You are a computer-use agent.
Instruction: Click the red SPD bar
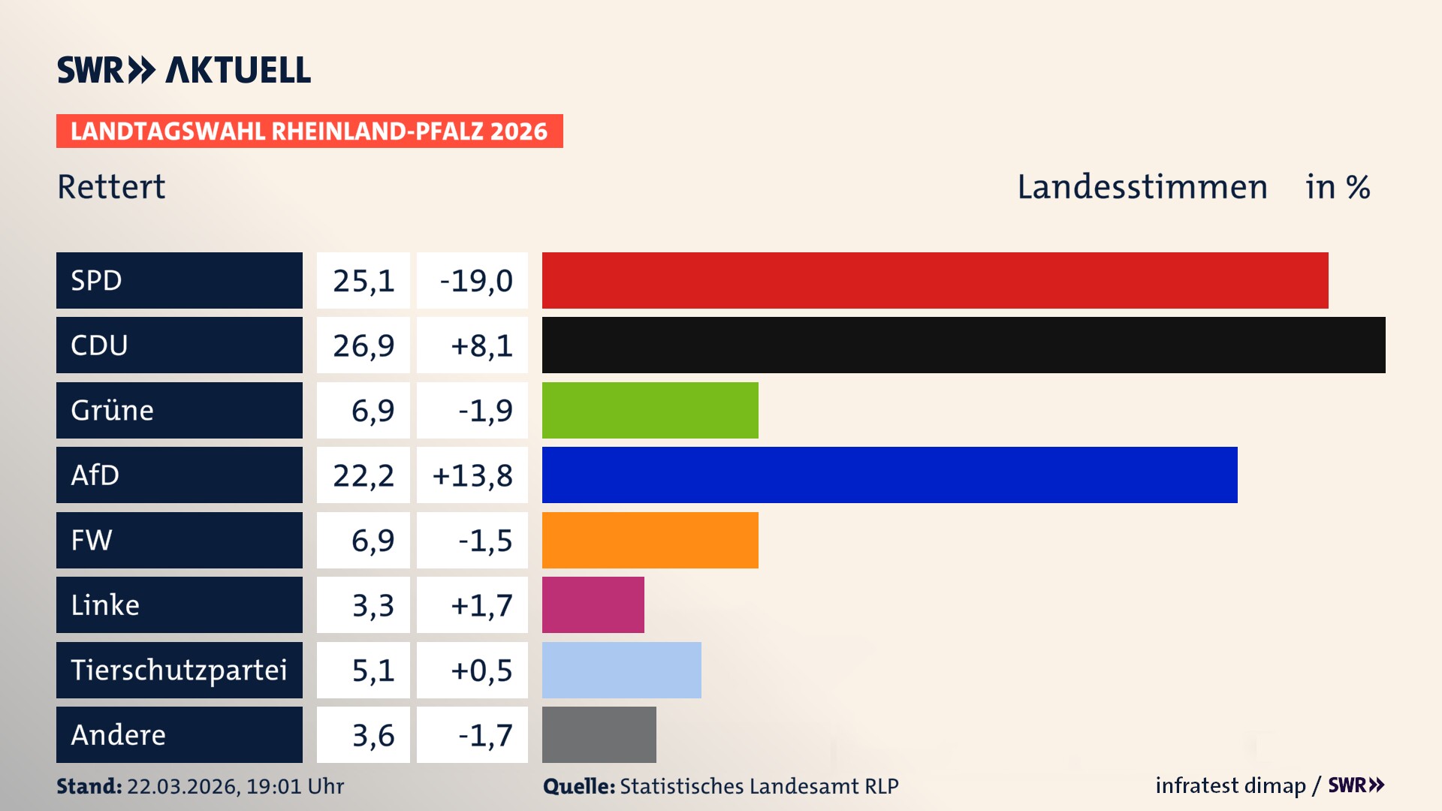(935, 280)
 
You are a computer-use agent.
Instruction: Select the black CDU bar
(964, 345)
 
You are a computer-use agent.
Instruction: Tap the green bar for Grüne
(650, 410)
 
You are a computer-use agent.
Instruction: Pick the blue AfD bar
(890, 475)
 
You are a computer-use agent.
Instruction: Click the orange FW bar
(650, 540)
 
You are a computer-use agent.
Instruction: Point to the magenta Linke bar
(593, 604)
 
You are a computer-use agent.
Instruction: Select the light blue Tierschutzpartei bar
(622, 670)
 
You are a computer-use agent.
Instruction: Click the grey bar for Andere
(599, 734)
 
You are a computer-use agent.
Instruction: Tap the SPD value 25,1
(364, 281)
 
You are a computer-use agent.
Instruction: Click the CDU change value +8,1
(481, 345)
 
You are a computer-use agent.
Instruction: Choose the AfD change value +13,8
(472, 475)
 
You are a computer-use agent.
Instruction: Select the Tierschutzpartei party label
(179, 670)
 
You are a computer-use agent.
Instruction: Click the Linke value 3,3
(373, 605)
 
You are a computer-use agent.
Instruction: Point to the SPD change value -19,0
(476, 281)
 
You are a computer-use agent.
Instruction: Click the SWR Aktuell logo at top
(184, 70)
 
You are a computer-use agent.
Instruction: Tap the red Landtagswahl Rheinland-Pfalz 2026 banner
(309, 131)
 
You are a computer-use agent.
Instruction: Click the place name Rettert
(111, 187)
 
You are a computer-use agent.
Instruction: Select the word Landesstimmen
(1142, 187)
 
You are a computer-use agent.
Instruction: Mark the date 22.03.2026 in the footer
(183, 786)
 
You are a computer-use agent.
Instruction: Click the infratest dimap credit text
(1230, 785)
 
